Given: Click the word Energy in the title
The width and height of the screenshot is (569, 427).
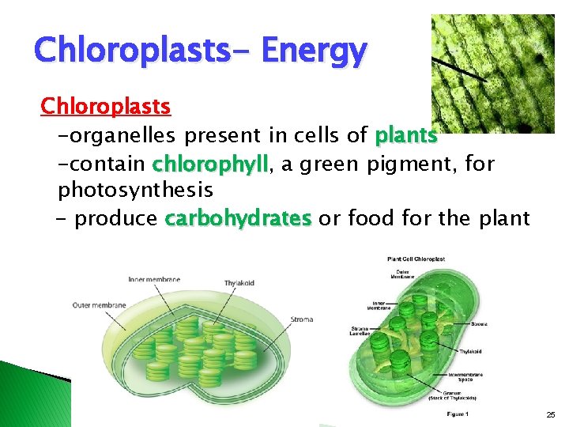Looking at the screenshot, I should (314, 51).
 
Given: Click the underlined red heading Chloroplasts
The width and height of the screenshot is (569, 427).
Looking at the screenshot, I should (106, 105).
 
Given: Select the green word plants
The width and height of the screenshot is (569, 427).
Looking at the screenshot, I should (406, 136).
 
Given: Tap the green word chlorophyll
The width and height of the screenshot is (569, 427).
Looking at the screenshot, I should (211, 164).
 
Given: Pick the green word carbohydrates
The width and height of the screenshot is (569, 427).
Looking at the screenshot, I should (239, 218).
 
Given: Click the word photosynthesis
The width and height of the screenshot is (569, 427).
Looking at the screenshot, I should (135, 191).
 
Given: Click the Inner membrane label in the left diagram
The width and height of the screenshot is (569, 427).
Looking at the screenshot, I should (154, 279).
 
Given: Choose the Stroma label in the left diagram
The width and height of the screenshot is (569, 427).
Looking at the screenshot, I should (301, 319).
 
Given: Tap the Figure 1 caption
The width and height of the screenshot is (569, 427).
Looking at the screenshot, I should (458, 414).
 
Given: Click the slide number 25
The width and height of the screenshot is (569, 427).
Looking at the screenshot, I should (550, 414).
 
